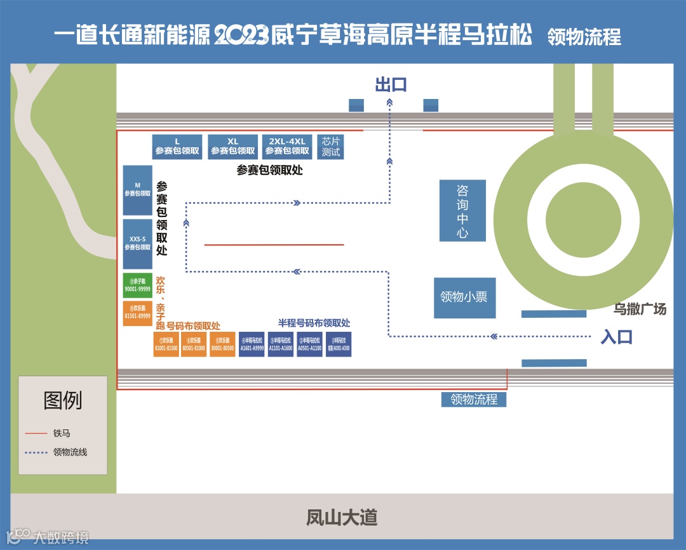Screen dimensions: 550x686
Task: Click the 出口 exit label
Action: pos(391,85)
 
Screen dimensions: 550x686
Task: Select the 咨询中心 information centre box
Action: pos(462,211)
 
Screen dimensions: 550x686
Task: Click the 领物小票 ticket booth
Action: pos(464,298)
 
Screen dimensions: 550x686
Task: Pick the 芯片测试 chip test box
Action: pos(330,147)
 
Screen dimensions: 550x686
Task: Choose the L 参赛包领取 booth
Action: pos(177,147)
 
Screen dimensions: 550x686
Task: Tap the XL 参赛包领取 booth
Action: pos(232,147)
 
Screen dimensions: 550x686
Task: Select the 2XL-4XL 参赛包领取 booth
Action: pos(286,147)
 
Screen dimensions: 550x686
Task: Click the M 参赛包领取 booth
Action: pos(137,190)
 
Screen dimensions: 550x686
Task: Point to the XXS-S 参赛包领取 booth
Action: pos(137,244)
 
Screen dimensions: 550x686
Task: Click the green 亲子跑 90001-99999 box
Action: pos(137,285)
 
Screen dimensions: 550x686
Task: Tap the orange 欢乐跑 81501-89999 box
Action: pos(137,313)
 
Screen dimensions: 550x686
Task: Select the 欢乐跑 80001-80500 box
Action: pos(222,344)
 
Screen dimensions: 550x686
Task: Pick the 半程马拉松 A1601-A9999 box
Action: pos(252,344)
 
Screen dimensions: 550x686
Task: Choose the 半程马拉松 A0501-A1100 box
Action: pos(309,344)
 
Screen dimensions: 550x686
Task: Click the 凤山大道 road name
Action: pos(342,517)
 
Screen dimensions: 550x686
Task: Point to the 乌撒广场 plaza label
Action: pos(640,310)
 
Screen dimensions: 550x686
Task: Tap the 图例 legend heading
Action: pos(62,400)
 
